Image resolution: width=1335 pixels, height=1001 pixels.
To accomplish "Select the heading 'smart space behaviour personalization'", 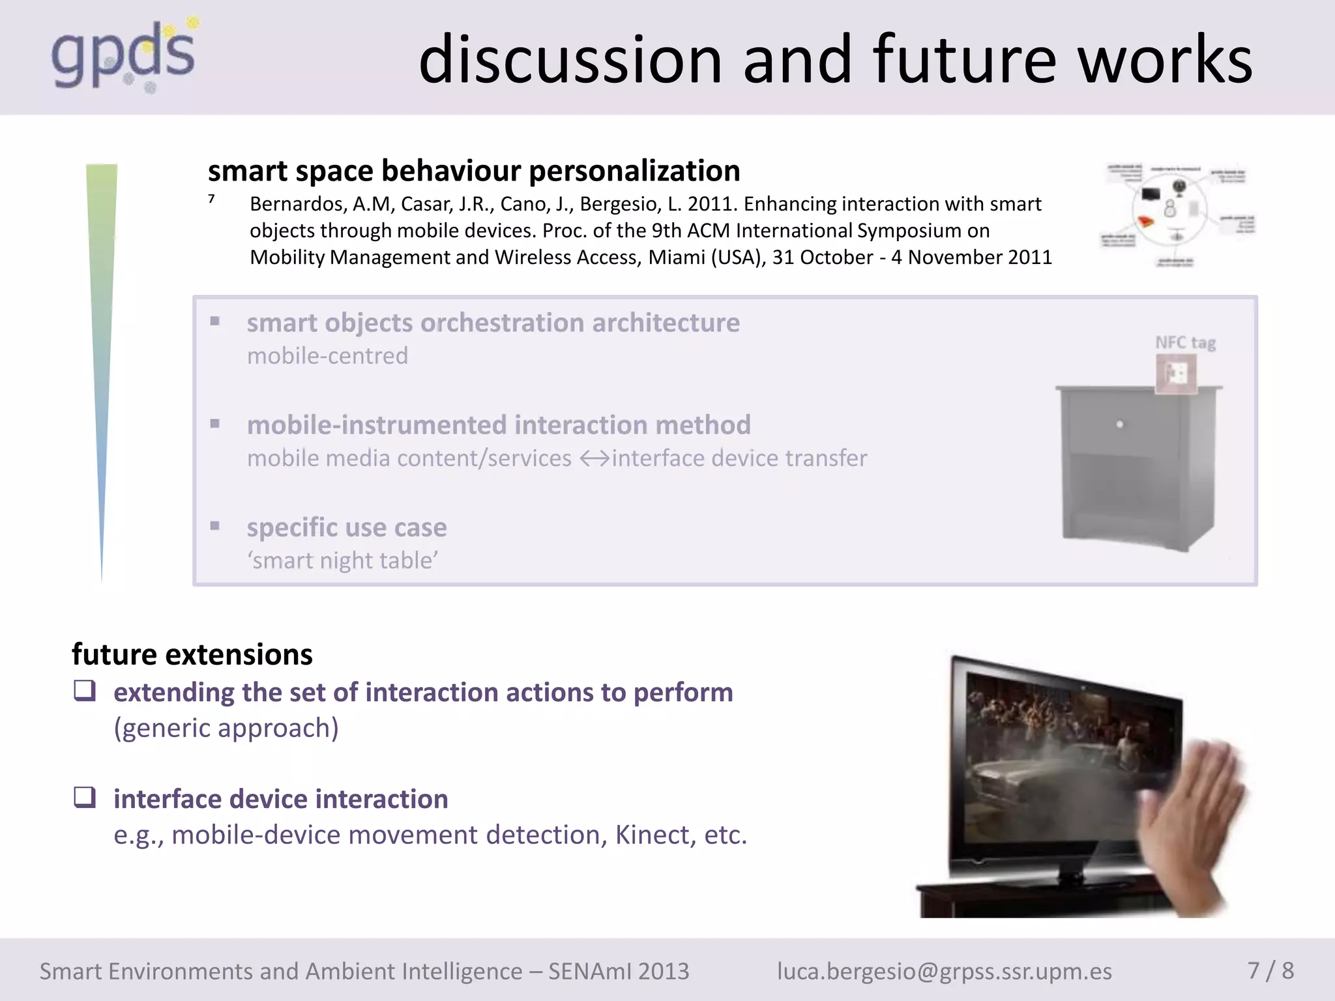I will pos(474,171).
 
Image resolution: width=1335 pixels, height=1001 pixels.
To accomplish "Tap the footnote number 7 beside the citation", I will pos(211,199).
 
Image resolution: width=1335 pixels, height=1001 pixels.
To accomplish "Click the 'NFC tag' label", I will pos(1185,343).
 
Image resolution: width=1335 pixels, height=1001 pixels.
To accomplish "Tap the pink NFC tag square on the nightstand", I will pos(1176,374).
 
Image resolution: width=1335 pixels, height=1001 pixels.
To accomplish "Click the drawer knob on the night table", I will pos(1119,424).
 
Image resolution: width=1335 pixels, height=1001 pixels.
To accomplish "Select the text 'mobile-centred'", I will pos(327,356).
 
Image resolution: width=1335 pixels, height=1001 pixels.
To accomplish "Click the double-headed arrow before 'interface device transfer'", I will pos(594,459).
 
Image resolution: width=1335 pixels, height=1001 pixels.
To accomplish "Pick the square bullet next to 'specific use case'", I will pos(215,526).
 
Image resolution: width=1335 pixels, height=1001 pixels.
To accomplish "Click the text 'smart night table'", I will pos(342,560).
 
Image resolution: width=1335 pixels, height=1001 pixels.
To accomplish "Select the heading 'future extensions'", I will pos(192,654).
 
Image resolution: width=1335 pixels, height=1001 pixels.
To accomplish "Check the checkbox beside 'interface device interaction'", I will pos(85,797).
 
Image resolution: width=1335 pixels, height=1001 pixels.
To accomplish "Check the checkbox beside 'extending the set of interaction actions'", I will pos(85,690).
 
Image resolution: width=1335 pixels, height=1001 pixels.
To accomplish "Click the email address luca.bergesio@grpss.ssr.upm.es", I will pos(944,971).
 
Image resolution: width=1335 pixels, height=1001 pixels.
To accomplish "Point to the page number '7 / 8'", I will pos(1270,970).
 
